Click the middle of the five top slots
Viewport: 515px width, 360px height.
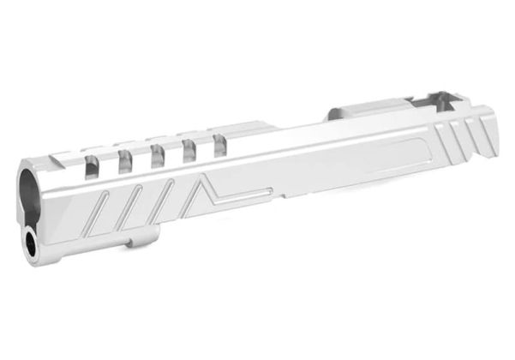tap(158, 154)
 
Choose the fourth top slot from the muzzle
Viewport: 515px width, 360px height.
tap(189, 148)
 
